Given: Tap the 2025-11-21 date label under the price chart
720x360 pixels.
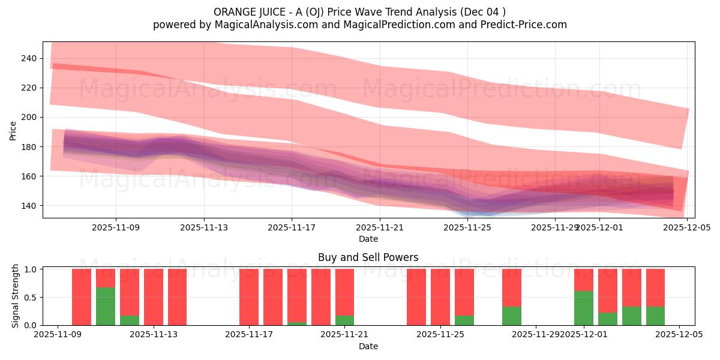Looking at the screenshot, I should tap(380, 227).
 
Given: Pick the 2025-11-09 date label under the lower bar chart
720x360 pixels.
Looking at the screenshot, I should tap(58, 335).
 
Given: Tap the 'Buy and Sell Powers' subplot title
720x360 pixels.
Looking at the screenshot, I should tap(368, 258).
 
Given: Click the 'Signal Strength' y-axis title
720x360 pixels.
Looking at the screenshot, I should tap(16, 296).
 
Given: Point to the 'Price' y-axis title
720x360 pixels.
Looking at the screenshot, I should tap(13, 130).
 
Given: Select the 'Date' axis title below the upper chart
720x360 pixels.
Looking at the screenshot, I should tap(368, 239).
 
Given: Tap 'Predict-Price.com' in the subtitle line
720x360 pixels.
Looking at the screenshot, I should tap(520, 25).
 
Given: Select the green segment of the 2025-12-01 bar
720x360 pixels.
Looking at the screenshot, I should tap(584, 308).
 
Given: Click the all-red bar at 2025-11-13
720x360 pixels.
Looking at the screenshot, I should tap(154, 297).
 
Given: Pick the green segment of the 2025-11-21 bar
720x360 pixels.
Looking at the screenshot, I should tap(344, 320).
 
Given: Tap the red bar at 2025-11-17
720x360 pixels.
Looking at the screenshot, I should tap(249, 297).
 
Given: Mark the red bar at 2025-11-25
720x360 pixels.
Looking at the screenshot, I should tap(440, 297).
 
